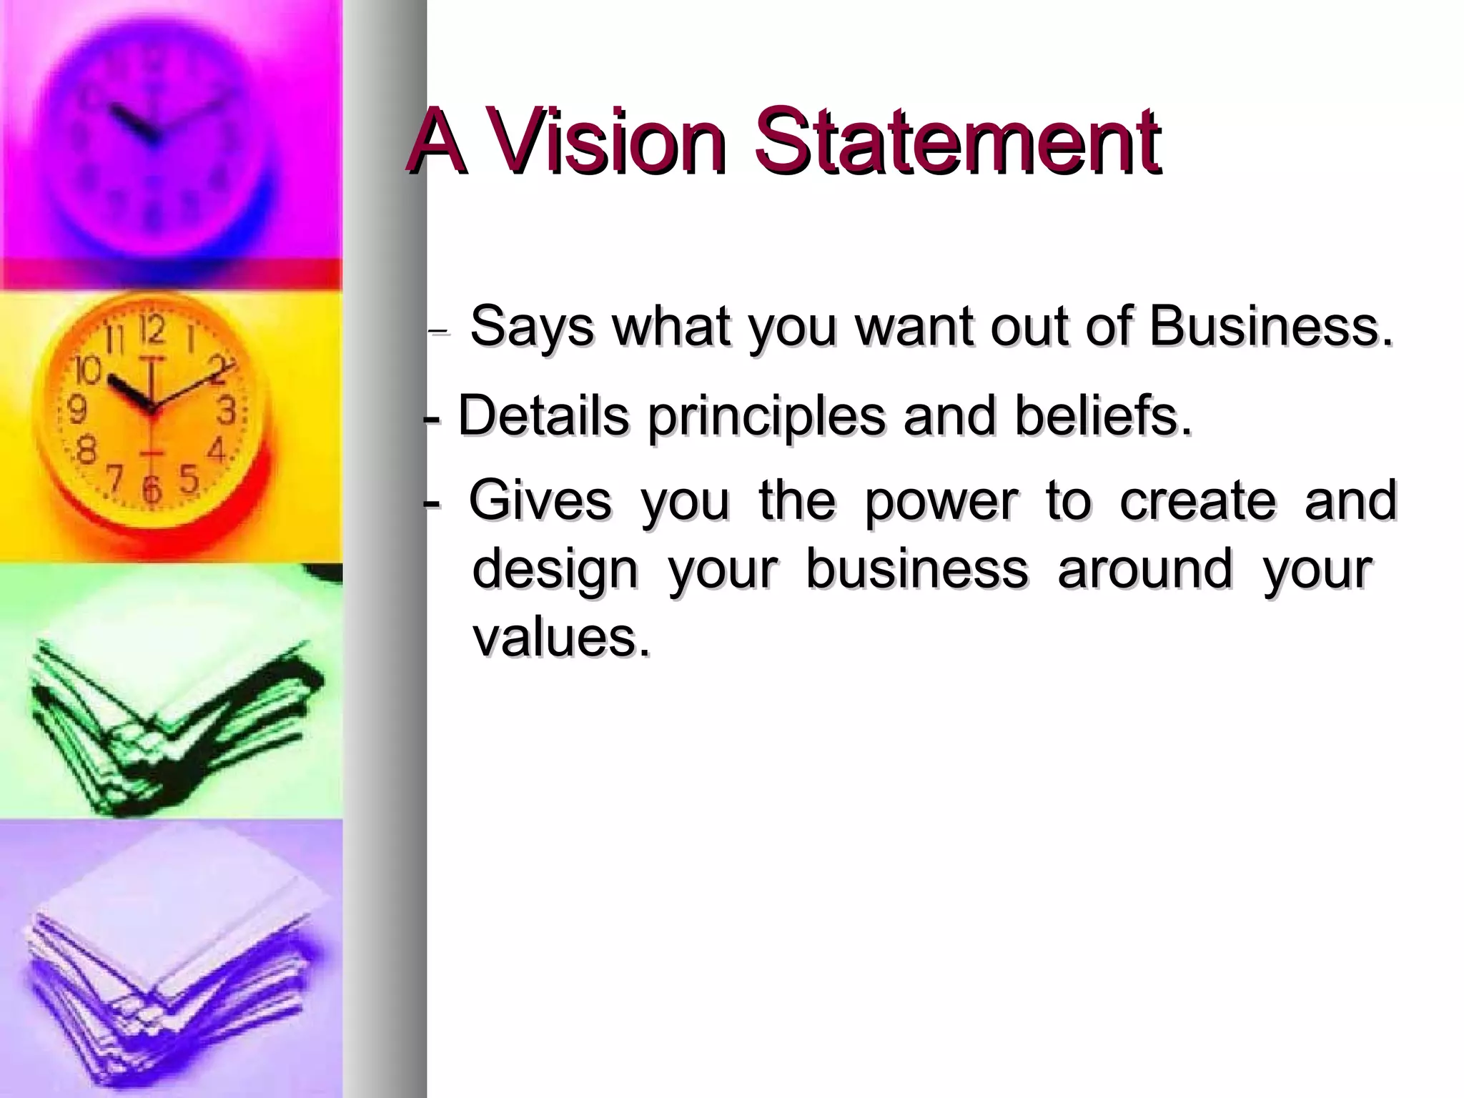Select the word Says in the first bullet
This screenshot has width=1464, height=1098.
[532, 327]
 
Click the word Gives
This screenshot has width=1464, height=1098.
[540, 501]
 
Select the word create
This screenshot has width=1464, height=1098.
[1198, 501]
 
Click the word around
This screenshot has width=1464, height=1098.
[1146, 570]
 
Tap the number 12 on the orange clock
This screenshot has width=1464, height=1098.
[152, 331]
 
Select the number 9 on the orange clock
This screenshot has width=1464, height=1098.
[77, 410]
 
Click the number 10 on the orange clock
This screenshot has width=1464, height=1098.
[89, 370]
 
